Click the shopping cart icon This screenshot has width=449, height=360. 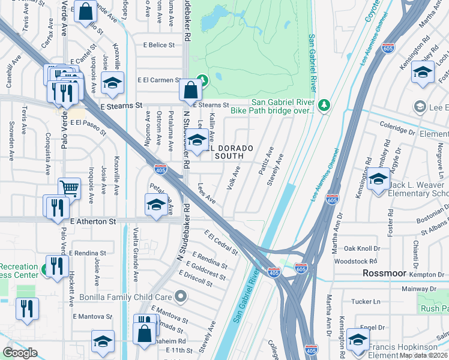click(x=69, y=188)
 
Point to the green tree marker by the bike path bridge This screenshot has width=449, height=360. click(x=324, y=106)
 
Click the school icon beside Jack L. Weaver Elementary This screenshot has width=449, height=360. click(x=378, y=179)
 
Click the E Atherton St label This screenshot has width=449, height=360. click(x=92, y=221)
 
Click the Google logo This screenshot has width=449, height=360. click(x=20, y=353)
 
